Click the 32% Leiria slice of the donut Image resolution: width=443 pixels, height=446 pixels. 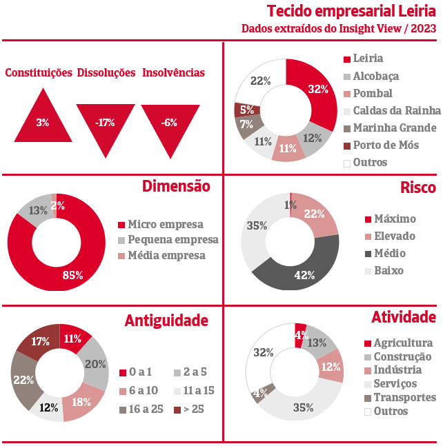[316, 88]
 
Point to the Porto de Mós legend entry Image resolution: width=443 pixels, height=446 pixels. [385, 145]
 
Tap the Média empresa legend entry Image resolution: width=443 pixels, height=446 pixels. [166, 256]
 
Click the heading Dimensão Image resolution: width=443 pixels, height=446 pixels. [176, 186]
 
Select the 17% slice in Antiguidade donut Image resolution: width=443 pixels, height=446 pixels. [39, 341]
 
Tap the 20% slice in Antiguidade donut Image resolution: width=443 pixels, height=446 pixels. [95, 364]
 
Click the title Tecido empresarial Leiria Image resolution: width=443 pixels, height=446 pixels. [351, 12]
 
